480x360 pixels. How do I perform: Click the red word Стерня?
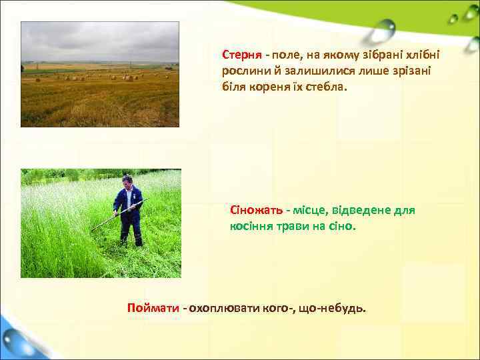point(241,54)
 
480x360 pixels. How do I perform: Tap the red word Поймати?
point(153,308)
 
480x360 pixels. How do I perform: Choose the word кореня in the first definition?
point(271,87)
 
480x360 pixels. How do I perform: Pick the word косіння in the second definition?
point(251,227)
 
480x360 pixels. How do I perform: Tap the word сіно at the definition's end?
point(342,227)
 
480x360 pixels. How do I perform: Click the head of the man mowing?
point(127,181)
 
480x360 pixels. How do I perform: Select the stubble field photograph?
point(100,74)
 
